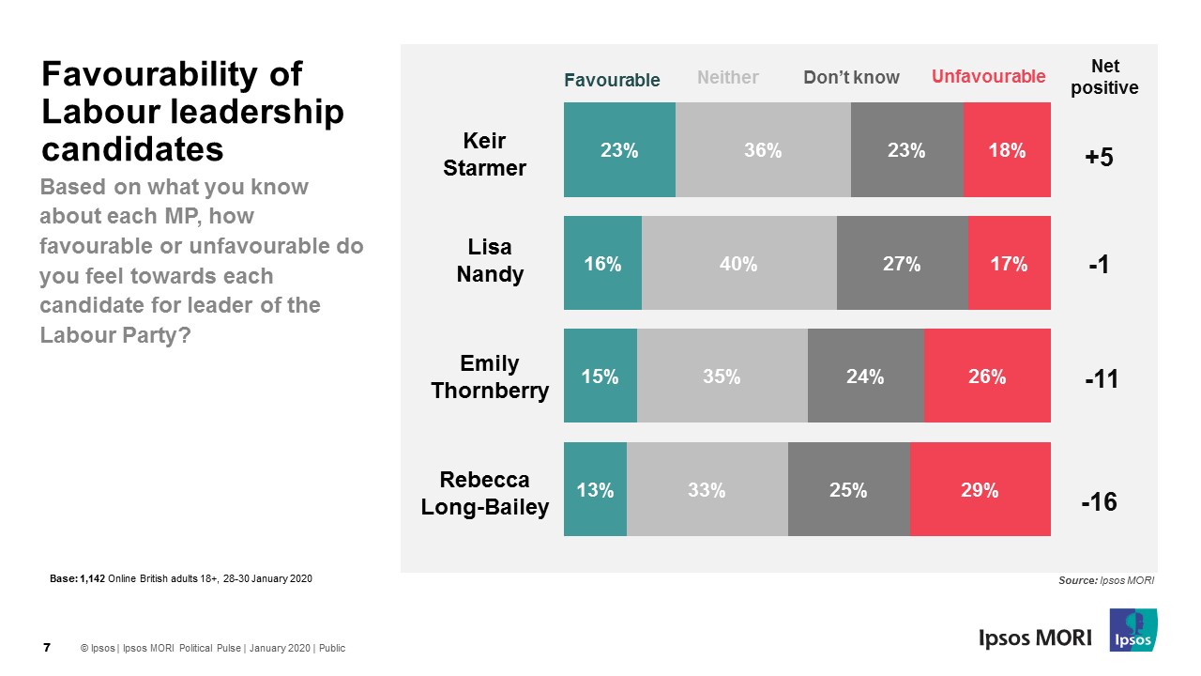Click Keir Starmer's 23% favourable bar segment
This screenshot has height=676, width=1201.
pyautogui.click(x=619, y=149)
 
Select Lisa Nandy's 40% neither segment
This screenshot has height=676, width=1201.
pyautogui.click(x=738, y=263)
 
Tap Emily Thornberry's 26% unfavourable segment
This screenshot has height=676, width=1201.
pyautogui.click(x=986, y=376)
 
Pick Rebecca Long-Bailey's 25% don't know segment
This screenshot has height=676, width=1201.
pyautogui.click(x=848, y=489)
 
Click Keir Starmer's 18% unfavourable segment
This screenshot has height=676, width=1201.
pyautogui.click(x=1007, y=149)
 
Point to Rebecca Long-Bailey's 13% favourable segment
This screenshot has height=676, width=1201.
pyautogui.click(x=595, y=489)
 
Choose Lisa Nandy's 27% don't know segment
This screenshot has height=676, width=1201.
pyautogui.click(x=902, y=263)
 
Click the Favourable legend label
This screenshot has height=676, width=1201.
pyautogui.click(x=612, y=80)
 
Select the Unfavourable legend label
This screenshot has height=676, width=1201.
pyautogui.click(x=988, y=77)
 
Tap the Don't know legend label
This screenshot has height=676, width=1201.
pyautogui.click(x=851, y=78)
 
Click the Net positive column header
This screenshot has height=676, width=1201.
pyautogui.click(x=1104, y=77)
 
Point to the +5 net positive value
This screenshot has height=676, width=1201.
pyautogui.click(x=1098, y=157)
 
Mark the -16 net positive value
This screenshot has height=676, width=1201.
pyautogui.click(x=1098, y=502)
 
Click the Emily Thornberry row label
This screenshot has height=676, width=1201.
pyautogui.click(x=490, y=376)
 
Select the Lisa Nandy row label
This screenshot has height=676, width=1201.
pyautogui.click(x=490, y=260)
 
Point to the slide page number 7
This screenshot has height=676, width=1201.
pyautogui.click(x=47, y=647)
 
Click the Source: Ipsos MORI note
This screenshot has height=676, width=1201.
pyautogui.click(x=1105, y=581)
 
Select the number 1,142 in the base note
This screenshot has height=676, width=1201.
pyautogui.click(x=93, y=578)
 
